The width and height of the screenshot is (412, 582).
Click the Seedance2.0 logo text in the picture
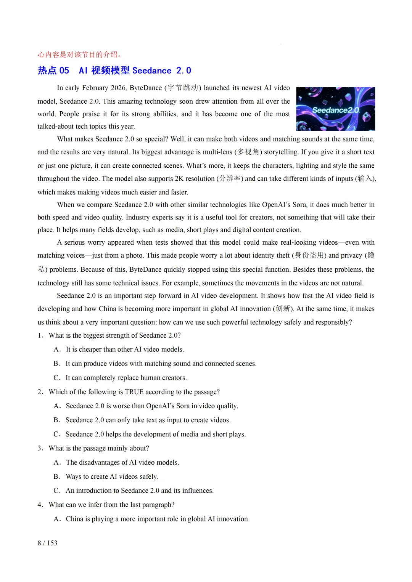[336, 110]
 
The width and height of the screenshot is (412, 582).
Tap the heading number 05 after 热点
[64, 71]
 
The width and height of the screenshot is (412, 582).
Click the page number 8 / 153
[47, 543]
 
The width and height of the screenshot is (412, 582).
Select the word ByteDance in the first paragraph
[146, 88]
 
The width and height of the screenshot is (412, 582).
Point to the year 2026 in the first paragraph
[118, 88]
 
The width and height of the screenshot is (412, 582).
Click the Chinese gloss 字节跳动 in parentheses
[183, 88]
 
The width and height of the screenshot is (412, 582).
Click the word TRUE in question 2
[134, 392]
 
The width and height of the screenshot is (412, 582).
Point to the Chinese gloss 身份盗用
[309, 255]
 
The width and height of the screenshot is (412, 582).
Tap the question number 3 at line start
[40, 448]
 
